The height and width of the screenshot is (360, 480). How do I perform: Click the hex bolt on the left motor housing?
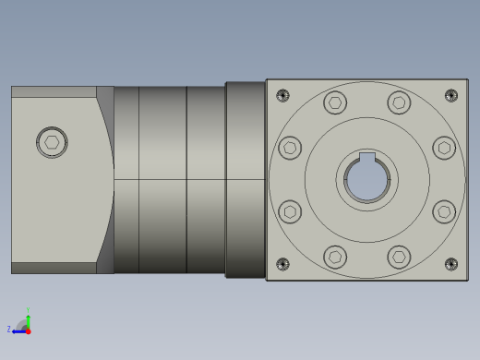point(52,142)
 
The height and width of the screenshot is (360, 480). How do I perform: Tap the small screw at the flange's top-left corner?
point(282,95)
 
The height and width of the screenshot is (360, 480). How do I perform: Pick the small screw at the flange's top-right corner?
point(451,95)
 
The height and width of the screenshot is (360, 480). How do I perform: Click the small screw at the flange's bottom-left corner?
point(282,264)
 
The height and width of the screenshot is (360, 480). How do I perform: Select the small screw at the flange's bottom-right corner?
point(451,264)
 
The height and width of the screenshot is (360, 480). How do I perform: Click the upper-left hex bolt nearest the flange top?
point(335,102)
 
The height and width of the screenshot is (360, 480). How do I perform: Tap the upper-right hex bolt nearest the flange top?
point(399,102)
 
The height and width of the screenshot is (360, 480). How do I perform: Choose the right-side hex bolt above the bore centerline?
point(444,148)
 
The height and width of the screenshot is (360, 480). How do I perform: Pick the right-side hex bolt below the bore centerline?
point(444,211)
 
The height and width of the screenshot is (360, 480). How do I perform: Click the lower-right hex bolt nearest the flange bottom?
point(399,257)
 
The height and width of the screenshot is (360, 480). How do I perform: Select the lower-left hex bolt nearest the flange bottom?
point(335,257)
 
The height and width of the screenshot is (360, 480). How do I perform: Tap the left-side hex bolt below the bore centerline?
point(290,211)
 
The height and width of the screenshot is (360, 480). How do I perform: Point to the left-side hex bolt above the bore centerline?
point(290,148)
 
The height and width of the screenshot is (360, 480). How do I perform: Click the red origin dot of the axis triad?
point(28,330)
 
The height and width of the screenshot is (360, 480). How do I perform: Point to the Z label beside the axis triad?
point(9,330)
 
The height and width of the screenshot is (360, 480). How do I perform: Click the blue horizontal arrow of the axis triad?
point(18,330)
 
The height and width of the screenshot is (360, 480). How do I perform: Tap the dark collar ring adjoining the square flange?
point(246,180)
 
